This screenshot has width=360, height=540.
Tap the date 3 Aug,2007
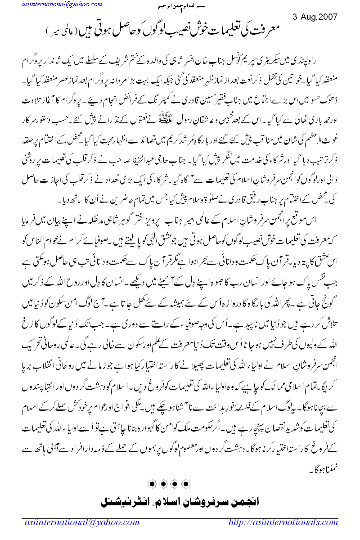(x=315, y=18)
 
